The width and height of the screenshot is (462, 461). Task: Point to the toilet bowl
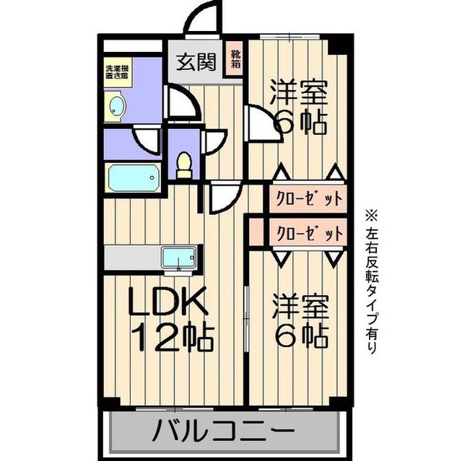coord(184,164)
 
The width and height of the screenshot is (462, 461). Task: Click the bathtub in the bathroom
coord(133,176)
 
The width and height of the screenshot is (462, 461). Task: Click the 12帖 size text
coord(171,335)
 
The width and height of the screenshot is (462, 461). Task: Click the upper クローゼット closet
coord(306,197)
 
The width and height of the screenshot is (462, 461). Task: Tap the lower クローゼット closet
coord(306,234)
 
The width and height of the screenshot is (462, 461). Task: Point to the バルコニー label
coord(223,433)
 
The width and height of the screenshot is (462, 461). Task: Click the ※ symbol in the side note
coord(371,215)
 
